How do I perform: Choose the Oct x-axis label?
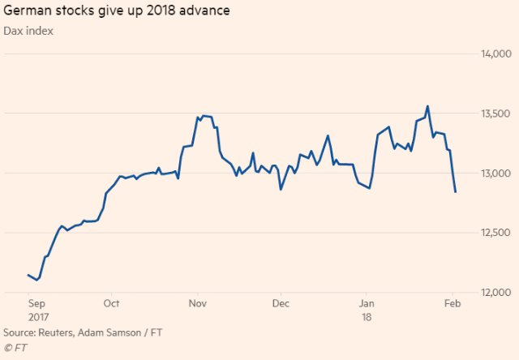[x=112, y=304]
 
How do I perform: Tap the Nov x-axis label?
[x=197, y=304]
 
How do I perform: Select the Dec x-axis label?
[x=280, y=304]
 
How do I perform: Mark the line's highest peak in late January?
[x=427, y=105]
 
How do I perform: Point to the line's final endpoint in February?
[x=456, y=192]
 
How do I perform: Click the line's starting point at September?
[x=28, y=275]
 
